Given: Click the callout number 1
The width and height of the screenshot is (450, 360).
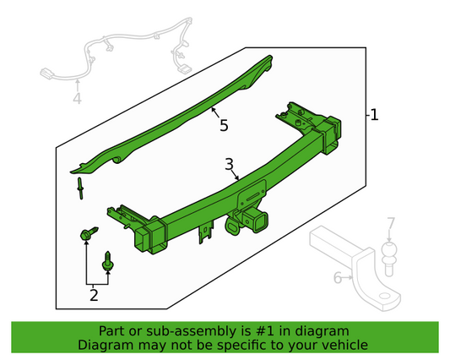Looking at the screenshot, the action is [x=374, y=115].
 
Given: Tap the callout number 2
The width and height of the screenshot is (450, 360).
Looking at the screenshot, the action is [x=94, y=295].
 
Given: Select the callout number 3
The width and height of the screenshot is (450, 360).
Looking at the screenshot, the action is [x=229, y=165].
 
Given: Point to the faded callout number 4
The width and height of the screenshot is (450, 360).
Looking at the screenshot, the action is [x=77, y=98].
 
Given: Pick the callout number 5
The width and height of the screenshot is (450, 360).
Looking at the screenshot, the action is [x=224, y=126].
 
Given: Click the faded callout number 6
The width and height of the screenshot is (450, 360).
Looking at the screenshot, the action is [x=338, y=278].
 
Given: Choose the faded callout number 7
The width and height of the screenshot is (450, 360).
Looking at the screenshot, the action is [x=391, y=223].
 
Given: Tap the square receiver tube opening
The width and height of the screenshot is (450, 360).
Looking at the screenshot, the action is [x=260, y=222].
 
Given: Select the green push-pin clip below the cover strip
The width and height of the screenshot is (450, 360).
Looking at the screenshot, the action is [x=80, y=188].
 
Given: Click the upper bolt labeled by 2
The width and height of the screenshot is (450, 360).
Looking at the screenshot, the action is [x=89, y=233].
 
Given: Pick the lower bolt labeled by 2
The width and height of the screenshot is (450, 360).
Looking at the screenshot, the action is [x=108, y=261].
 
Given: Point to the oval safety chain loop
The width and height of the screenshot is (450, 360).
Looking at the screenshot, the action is [x=233, y=227].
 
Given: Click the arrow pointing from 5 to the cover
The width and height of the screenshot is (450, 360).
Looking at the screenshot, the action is [x=216, y=112].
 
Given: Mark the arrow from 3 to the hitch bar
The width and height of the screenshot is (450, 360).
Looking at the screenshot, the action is [x=235, y=174].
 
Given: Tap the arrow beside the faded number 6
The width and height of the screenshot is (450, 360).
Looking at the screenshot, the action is [x=347, y=277].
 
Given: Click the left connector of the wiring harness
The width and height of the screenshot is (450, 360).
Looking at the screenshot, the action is [x=47, y=73].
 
